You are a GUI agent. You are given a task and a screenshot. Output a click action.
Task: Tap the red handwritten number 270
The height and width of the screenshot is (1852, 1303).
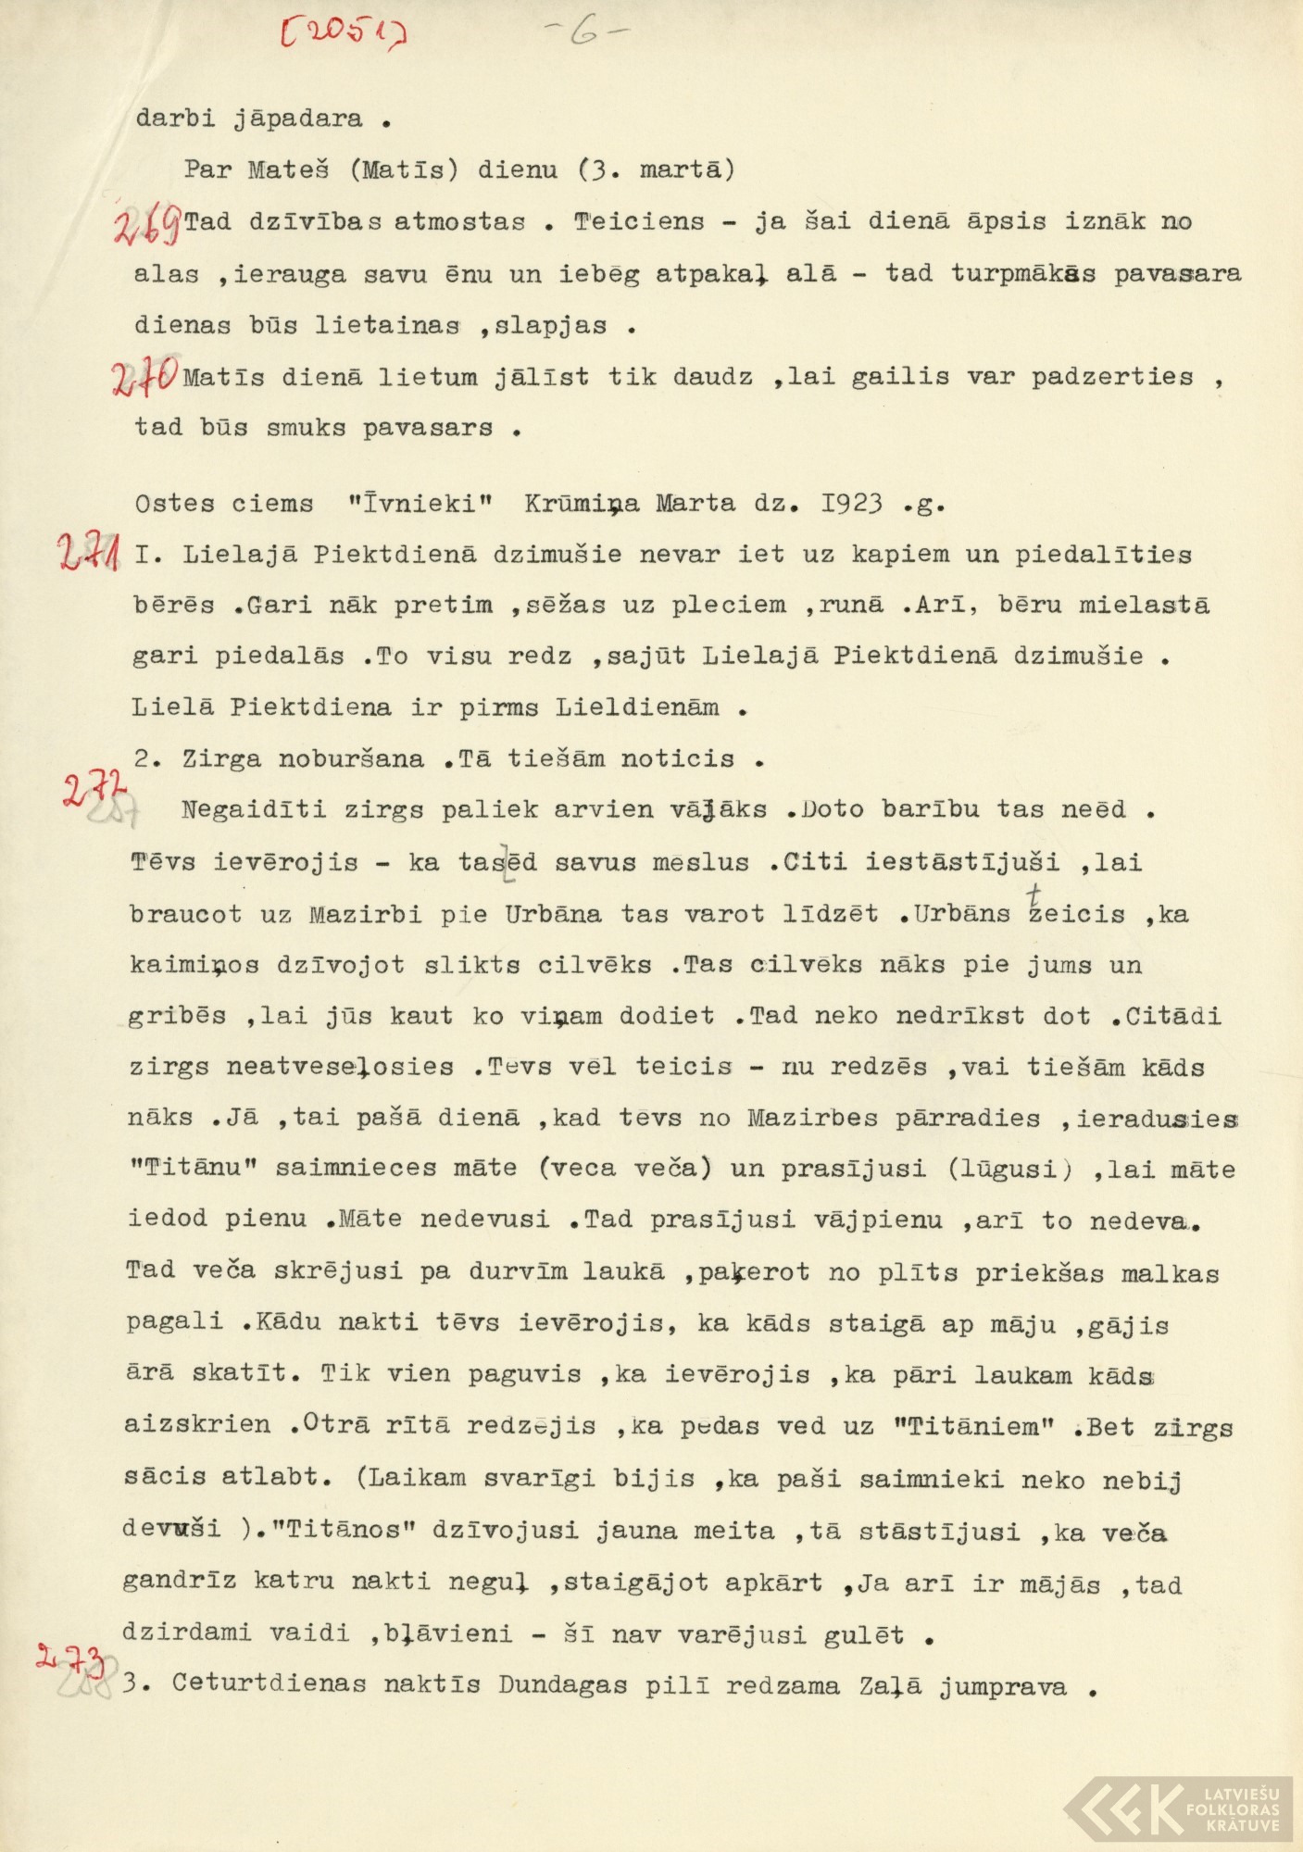(144, 377)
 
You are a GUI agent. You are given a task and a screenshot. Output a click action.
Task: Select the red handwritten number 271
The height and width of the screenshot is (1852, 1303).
(88, 553)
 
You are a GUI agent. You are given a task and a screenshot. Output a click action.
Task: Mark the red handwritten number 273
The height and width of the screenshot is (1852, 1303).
(69, 1659)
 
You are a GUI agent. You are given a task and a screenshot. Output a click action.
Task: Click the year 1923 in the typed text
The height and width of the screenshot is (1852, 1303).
(851, 504)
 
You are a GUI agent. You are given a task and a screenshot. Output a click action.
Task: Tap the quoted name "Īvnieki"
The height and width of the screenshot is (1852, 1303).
(420, 504)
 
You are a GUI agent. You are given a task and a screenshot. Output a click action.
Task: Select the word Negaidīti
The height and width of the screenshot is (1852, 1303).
(253, 810)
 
